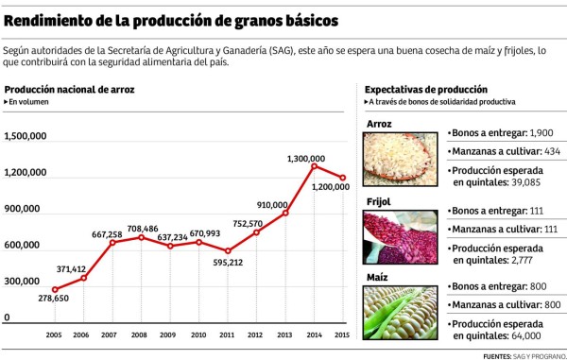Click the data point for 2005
[x=54, y=289]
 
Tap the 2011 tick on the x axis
[x=228, y=334]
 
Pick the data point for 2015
[x=342, y=178]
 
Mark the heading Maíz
[x=378, y=278]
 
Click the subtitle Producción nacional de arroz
[x=69, y=89]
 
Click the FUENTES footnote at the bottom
[x=522, y=354]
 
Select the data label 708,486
[x=139, y=228]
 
